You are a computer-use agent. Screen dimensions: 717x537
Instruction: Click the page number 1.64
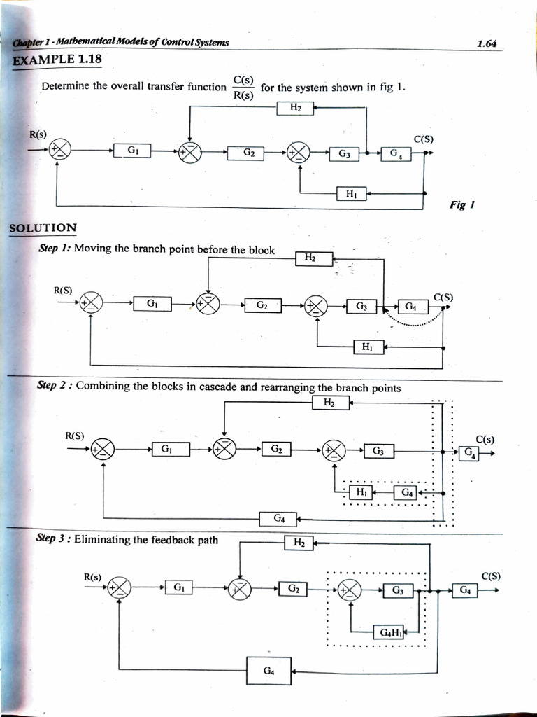[x=487, y=43]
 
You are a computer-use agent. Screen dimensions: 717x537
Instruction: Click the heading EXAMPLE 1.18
[x=57, y=60]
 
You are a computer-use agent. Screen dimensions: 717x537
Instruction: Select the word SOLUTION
[x=43, y=228]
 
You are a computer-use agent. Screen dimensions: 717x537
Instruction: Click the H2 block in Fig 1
[x=295, y=107]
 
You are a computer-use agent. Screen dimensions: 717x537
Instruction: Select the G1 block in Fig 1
[x=132, y=150]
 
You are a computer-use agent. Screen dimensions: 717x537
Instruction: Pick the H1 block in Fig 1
[x=352, y=194]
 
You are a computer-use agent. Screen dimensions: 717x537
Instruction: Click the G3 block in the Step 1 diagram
[x=361, y=306]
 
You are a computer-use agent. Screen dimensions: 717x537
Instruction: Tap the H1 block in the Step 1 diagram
[x=368, y=346]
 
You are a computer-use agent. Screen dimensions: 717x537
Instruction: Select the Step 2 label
[x=55, y=386]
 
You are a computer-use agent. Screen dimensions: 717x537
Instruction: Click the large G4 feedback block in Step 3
[x=268, y=671]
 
